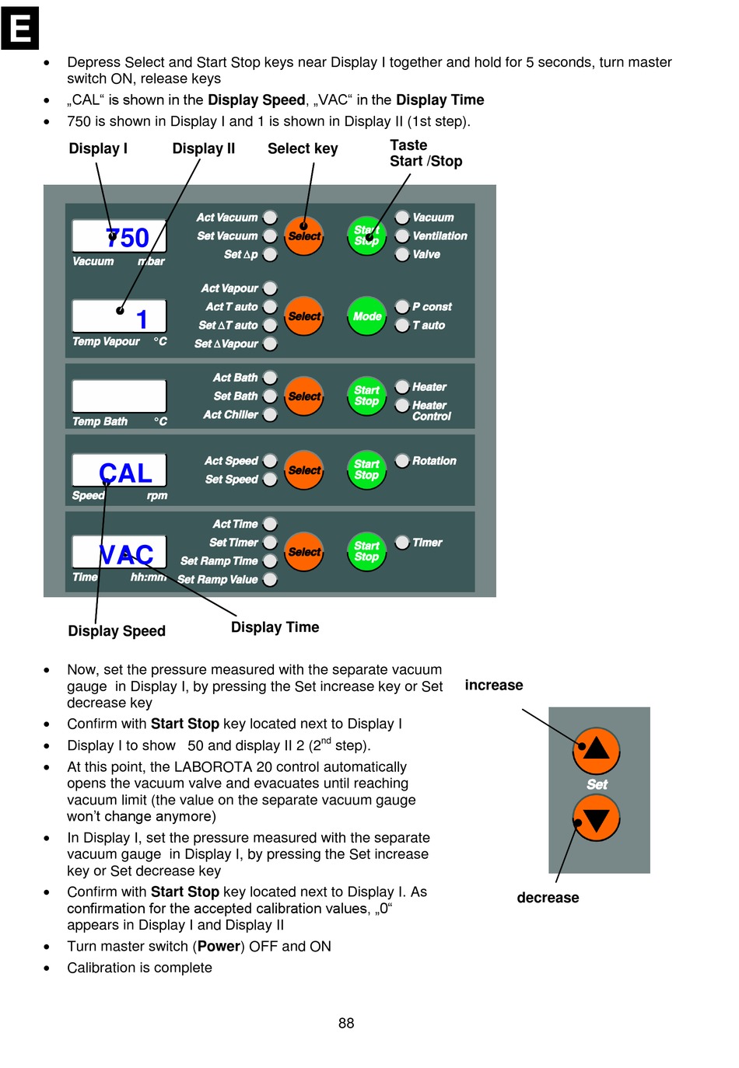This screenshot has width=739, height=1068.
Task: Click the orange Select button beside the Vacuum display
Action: coord(304,236)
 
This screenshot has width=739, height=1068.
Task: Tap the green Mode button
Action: coord(366,316)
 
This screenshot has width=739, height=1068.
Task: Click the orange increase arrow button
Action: coord(596,749)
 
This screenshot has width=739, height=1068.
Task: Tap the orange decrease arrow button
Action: coord(596,819)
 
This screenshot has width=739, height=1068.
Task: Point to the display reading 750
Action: coord(119,236)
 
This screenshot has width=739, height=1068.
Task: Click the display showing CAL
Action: coord(119,472)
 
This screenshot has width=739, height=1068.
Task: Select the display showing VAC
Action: coord(119,553)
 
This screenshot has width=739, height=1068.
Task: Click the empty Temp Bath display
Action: coord(119,396)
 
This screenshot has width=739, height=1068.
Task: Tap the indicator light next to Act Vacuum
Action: coord(270,218)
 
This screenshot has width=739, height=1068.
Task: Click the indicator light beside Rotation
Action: coord(402,461)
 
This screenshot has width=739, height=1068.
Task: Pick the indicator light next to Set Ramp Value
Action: coord(270,579)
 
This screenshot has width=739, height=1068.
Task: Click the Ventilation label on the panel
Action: coord(440,236)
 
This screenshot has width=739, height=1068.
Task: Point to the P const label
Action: coord(432,307)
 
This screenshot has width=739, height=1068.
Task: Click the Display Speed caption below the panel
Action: coord(117,631)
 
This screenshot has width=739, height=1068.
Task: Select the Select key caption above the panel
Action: coord(303,148)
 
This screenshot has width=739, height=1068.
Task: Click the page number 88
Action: coord(346,1023)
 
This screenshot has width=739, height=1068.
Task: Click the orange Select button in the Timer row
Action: coord(304,552)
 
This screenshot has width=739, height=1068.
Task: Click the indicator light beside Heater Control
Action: coord(402,406)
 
